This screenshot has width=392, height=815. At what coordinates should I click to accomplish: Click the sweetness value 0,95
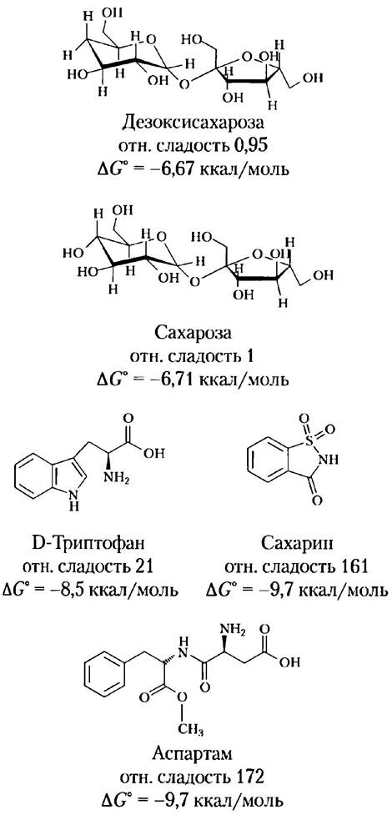pyautogui.click(x=249, y=146)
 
